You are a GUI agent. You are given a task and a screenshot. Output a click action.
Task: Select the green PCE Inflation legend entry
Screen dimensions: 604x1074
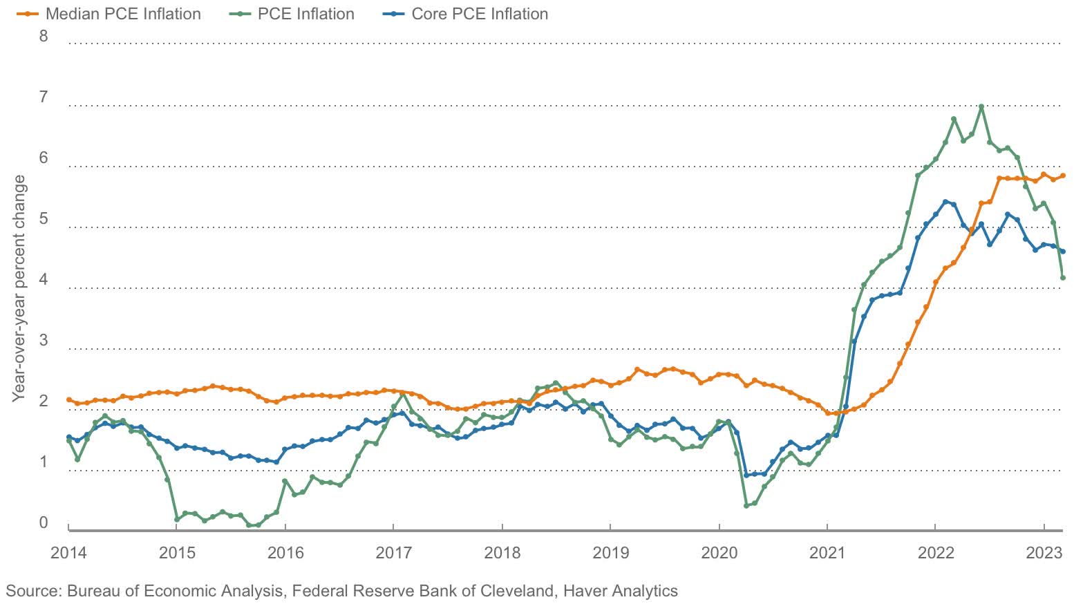click(305, 14)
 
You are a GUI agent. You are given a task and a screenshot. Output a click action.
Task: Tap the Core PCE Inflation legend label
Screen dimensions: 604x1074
click(479, 14)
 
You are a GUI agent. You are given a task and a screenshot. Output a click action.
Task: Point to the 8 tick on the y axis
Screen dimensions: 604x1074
click(44, 36)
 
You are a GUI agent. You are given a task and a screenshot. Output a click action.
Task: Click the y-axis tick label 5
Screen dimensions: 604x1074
click(44, 219)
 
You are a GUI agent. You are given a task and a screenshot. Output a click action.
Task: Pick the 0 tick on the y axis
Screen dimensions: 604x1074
click(44, 522)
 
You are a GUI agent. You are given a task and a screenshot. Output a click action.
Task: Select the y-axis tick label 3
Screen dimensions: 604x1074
click(44, 340)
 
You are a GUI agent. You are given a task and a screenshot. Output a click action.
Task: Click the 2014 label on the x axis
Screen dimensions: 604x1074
click(68, 553)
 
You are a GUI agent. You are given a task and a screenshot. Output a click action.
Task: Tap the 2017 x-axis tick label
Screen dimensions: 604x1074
click(393, 553)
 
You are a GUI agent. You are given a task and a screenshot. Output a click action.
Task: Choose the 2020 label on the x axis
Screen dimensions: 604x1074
click(718, 553)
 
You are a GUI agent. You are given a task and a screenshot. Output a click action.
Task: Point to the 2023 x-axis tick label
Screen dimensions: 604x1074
click(1044, 553)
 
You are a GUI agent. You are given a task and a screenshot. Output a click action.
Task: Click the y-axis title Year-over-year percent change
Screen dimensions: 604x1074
click(19, 288)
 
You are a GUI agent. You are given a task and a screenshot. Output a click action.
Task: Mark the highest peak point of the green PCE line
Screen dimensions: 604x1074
click(981, 107)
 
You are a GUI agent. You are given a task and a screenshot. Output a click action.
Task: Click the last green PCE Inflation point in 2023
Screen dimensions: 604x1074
click(1062, 278)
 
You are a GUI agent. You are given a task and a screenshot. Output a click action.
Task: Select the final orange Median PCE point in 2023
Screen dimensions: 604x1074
click(1062, 176)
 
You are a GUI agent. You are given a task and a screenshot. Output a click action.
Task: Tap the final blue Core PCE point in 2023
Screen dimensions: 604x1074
click(1062, 252)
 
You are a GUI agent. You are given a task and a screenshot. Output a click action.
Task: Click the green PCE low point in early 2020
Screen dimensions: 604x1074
click(746, 506)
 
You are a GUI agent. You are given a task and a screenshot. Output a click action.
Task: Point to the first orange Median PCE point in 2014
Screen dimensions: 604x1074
click(68, 399)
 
